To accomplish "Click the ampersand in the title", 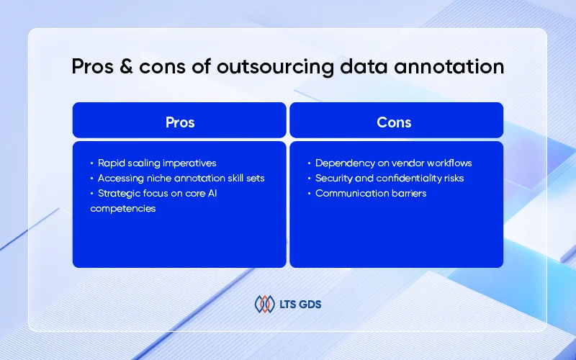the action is pyautogui.click(x=126, y=66).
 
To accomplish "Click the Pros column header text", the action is pyautogui.click(x=179, y=122).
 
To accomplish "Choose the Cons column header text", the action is pyautogui.click(x=394, y=122).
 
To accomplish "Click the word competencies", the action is pyautogui.click(x=123, y=209).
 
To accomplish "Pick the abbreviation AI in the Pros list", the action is pyautogui.click(x=212, y=193).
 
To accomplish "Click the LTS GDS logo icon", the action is pyautogui.click(x=265, y=304).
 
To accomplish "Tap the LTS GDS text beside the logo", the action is pyautogui.click(x=300, y=305).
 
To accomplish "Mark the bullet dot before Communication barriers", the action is pyautogui.click(x=310, y=194).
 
